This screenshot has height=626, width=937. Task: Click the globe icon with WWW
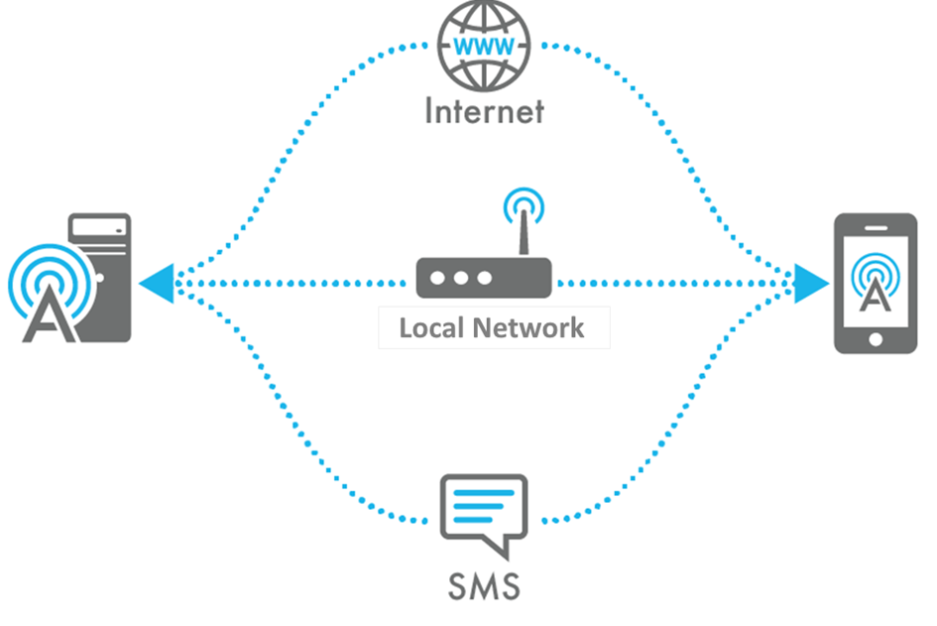coord(484,46)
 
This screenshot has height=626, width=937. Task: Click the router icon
coord(483,278)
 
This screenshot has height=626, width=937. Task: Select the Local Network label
coord(492,327)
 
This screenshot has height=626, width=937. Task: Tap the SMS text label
coord(483,585)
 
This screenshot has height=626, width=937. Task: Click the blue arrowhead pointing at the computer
coord(156,284)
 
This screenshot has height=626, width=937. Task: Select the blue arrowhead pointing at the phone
coord(810,284)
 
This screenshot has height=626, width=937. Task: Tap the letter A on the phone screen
coord(874,296)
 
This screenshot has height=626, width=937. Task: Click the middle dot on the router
coord(460,278)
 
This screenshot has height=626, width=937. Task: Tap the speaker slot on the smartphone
coord(874,227)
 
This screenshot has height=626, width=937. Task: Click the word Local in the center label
coord(431,327)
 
